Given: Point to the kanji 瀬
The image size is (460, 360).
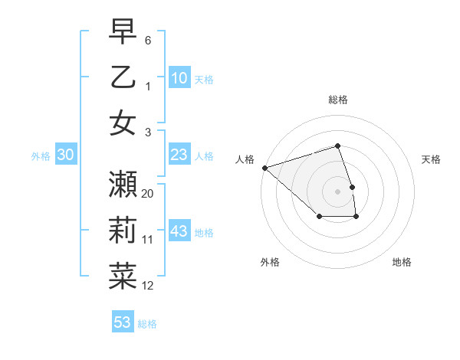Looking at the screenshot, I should pos(123,185).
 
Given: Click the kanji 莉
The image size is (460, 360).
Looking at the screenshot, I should pos(123,231).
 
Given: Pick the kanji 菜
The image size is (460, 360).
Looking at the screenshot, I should pos(123,277).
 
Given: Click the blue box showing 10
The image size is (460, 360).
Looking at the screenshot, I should pos(179,77).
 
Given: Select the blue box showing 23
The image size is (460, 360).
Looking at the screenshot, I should pos(179,155).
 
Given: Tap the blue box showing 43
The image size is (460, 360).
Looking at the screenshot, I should pos(179,231).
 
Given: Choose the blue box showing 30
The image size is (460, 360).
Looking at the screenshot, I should pos(65,155).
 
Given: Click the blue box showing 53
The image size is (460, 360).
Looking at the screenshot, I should pos(123,322).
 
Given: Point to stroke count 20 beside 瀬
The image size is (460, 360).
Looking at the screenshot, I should pos(148,194).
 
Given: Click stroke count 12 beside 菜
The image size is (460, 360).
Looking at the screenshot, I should pos(148,286).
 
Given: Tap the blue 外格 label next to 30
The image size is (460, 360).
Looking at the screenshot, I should pos(41,155).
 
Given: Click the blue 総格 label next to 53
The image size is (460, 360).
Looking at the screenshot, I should pos(147,323).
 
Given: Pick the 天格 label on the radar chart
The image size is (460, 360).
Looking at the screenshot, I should pos(431,159).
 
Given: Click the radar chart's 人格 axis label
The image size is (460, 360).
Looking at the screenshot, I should pos(245,159).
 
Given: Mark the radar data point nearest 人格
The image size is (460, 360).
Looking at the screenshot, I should pos(264,168).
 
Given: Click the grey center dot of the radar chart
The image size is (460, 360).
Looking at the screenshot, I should pos(338,191).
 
